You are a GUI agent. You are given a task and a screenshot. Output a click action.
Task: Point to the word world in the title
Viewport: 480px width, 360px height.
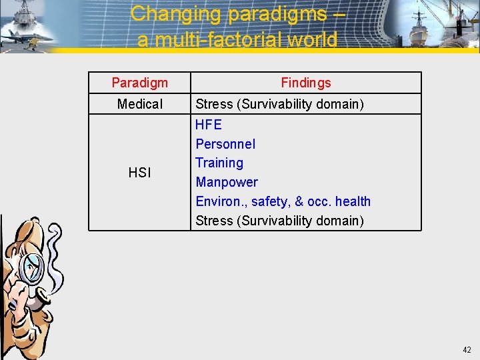(313, 40)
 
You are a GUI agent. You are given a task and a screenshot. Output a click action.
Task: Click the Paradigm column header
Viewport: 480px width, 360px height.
(140, 83)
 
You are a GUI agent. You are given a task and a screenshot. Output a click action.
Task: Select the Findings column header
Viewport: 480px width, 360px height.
(305, 83)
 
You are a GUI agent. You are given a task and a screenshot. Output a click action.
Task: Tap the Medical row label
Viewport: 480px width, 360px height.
(140, 104)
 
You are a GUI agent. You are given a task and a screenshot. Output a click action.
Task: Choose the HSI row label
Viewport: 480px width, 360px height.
(140, 173)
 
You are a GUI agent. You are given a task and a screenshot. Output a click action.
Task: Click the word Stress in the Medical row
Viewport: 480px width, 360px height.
(214, 104)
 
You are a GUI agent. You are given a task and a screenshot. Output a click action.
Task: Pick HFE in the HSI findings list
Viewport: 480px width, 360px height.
(209, 125)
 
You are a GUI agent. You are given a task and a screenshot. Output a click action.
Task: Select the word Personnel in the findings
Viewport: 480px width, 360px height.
(225, 144)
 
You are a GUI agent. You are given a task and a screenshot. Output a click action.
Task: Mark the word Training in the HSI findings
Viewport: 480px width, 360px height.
(219, 163)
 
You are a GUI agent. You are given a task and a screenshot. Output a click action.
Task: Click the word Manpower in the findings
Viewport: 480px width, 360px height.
(227, 182)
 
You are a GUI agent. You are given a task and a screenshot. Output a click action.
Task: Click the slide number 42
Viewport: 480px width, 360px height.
(467, 349)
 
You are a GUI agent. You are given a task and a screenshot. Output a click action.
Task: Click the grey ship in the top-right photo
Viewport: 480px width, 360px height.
(427, 33)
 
